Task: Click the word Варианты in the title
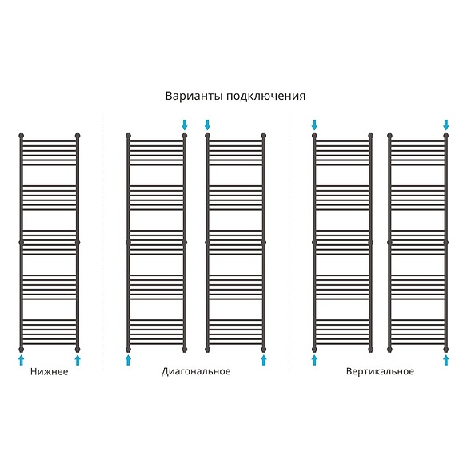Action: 194,96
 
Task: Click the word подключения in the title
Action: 265,97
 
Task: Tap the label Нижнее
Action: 50,371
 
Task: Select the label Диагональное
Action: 196,372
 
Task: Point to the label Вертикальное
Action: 380,371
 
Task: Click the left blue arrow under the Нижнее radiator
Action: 21,360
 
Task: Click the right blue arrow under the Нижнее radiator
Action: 78,360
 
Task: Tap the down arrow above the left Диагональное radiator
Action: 185,125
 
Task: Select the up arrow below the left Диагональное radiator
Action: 128,360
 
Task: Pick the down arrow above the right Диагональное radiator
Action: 207,125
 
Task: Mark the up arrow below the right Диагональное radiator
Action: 264,360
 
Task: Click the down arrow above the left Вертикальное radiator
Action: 314,125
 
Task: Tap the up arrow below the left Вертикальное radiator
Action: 314,360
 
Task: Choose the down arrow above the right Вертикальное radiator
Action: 446,125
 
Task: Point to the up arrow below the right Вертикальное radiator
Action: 446,360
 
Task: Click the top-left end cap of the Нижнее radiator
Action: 21,136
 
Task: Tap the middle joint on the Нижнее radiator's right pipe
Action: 78,243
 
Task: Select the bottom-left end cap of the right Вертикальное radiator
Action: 389,349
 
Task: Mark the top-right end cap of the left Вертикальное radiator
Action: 370,136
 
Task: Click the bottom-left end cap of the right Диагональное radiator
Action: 207,349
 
